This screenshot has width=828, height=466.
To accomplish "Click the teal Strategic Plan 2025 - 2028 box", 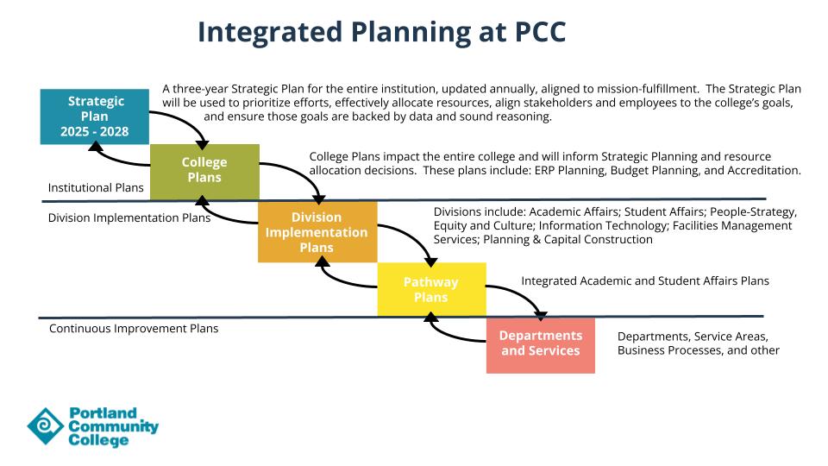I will click(x=95, y=116).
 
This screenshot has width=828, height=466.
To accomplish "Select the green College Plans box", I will click(x=204, y=171).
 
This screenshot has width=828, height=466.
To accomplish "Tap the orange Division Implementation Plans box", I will click(x=317, y=231).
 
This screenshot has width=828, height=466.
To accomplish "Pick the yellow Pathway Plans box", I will click(x=431, y=289).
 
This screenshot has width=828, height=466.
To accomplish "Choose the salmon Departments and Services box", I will click(x=541, y=344).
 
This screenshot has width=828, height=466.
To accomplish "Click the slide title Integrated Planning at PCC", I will click(x=381, y=32).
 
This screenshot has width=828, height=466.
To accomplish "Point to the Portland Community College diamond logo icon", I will click(x=44, y=426).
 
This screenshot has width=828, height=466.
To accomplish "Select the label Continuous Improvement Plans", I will click(x=134, y=328).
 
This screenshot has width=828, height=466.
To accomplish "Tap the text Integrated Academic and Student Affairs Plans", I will click(x=645, y=280).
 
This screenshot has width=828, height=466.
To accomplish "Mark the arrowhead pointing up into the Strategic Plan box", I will click(x=95, y=148).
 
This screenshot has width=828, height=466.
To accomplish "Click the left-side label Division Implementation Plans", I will click(x=129, y=217).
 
